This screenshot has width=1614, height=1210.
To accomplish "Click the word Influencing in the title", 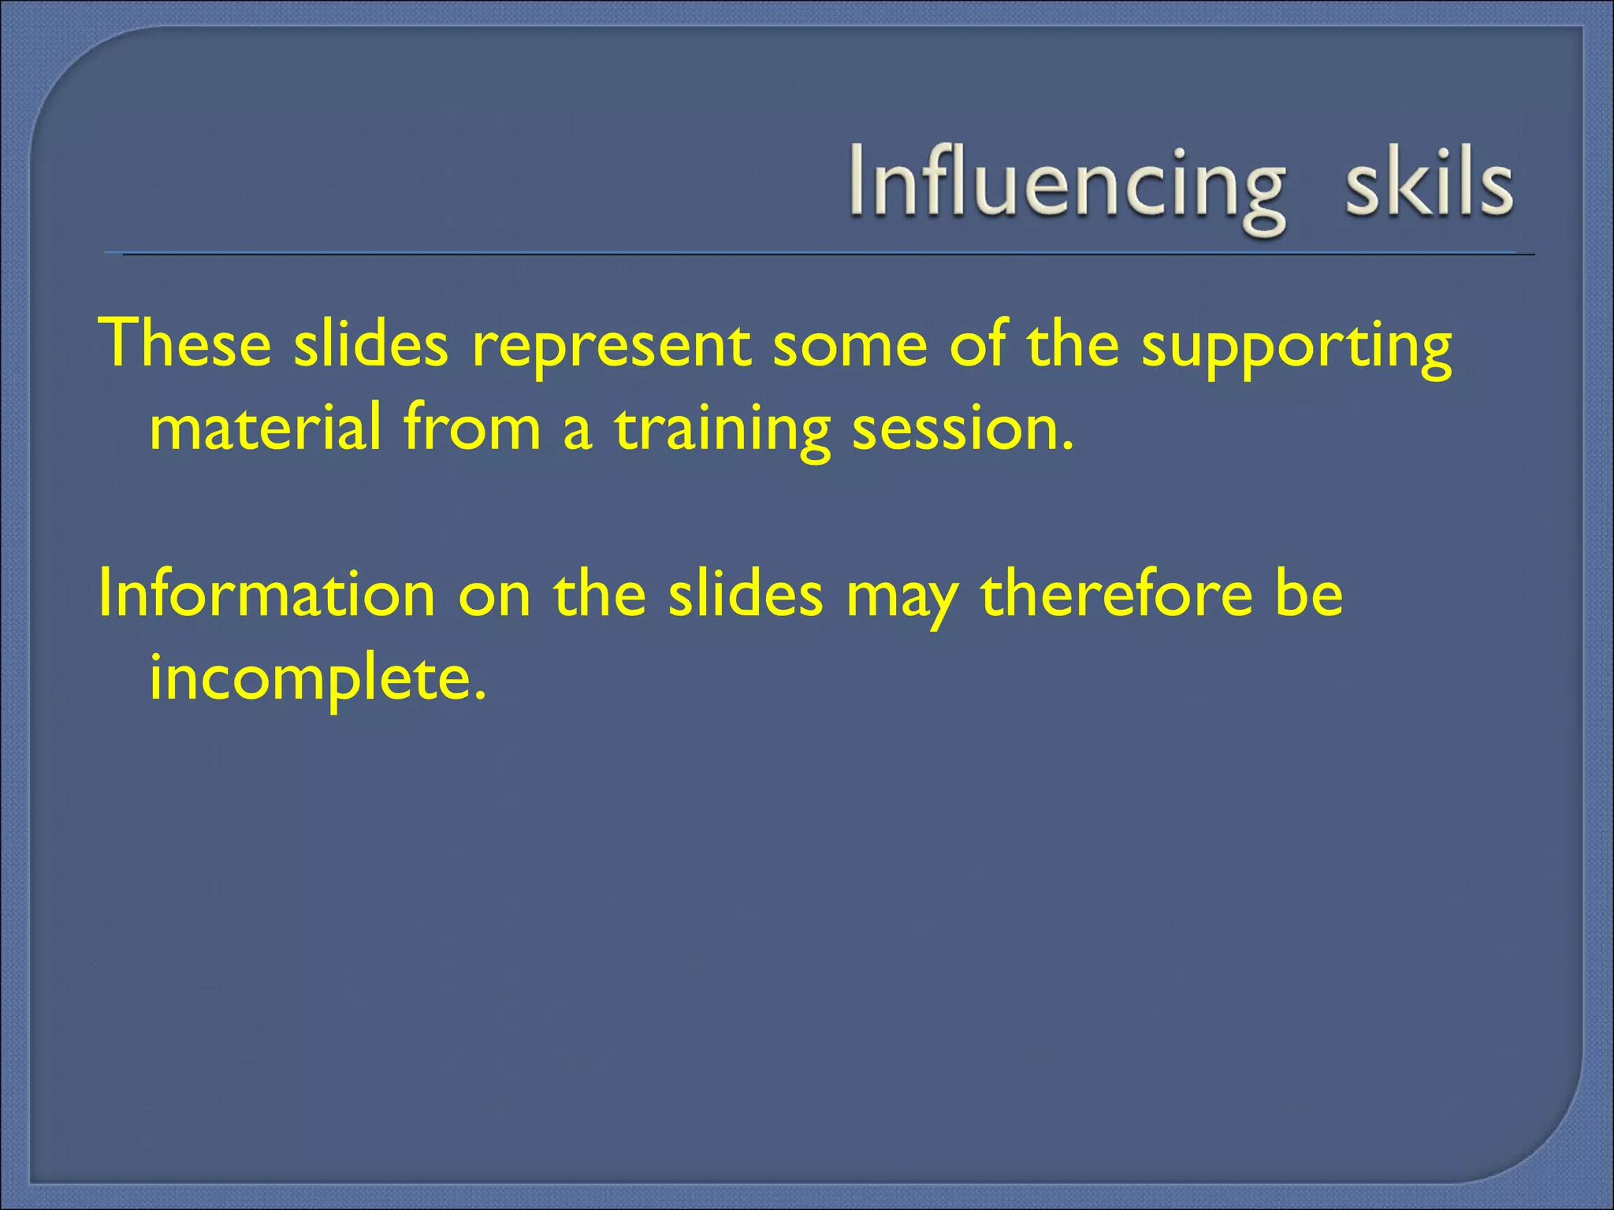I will [1067, 186].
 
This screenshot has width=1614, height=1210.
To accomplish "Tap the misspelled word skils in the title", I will [1428, 184].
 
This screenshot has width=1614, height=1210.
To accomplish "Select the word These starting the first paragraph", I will [185, 343].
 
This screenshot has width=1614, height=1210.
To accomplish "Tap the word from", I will [471, 427].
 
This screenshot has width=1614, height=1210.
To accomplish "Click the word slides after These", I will [371, 343].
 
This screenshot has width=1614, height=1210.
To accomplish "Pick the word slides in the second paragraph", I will [746, 594].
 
